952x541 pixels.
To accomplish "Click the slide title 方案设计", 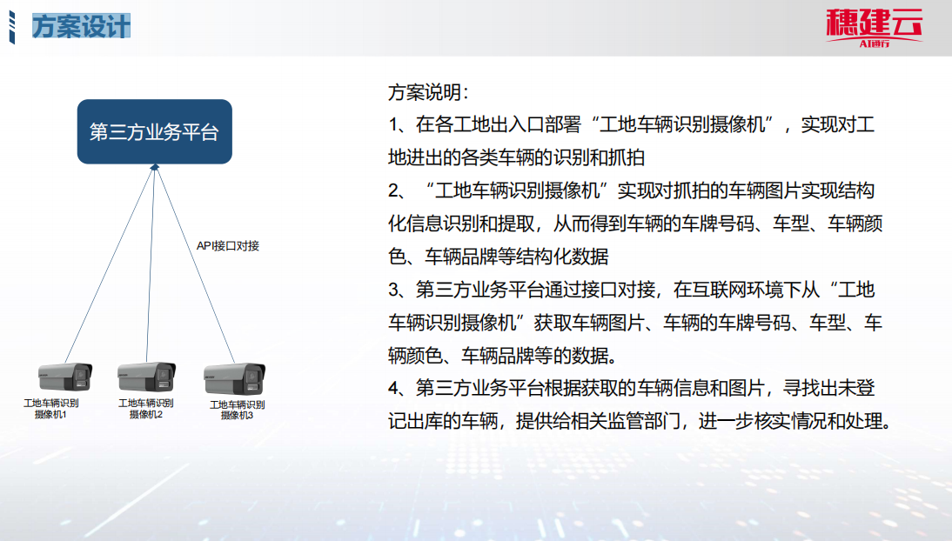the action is click(x=81, y=27).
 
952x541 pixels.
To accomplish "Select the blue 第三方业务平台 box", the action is click(x=155, y=131).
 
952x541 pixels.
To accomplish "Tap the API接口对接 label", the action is click(x=228, y=246).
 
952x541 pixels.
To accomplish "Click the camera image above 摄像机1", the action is click(x=65, y=377).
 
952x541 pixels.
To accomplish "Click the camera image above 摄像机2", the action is click(x=146, y=377).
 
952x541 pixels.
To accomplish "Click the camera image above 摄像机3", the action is click(x=234, y=379).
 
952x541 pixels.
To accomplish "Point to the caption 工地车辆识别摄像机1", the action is click(x=51, y=409).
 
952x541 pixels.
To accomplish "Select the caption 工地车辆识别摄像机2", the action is click(x=145, y=409).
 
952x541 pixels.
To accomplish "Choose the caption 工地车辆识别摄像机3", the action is click(x=237, y=410).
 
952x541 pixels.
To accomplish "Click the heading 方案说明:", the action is click(x=429, y=92).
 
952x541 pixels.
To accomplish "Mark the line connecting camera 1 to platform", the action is click(x=110, y=265).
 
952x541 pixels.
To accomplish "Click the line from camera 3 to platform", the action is click(x=196, y=265).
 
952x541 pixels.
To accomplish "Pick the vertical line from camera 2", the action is click(x=151, y=265).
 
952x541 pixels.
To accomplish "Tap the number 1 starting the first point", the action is click(x=393, y=125).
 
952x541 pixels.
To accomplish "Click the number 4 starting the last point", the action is click(x=395, y=388).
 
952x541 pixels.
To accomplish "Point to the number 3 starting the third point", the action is click(x=395, y=290).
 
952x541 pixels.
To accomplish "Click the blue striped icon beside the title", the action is click(x=11, y=27).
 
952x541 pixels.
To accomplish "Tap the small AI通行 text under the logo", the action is click(x=875, y=43).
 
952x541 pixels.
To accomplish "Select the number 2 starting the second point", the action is click(x=395, y=190).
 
